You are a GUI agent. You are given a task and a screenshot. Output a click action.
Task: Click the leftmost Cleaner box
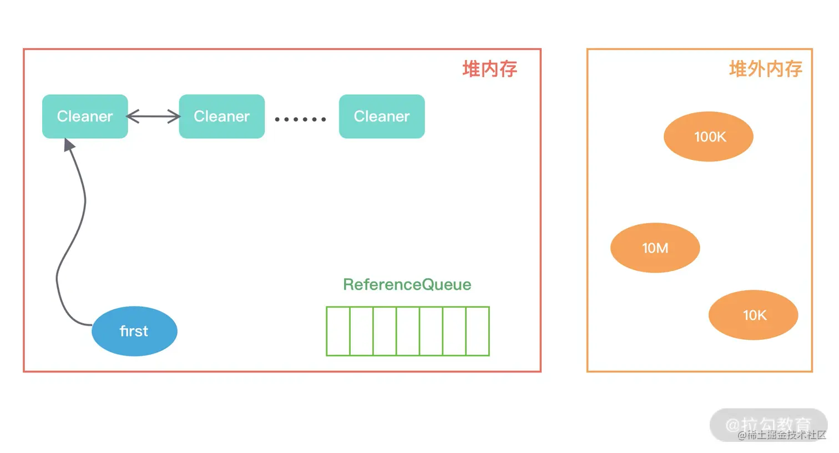click(85, 117)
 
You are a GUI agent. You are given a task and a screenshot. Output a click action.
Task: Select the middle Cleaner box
click(221, 117)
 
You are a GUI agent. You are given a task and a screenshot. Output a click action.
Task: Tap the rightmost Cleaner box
click(382, 117)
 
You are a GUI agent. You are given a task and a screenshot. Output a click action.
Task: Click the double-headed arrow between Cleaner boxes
click(154, 117)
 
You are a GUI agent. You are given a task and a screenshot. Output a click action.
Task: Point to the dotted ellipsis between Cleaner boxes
click(300, 119)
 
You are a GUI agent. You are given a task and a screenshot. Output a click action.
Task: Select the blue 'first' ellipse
click(134, 331)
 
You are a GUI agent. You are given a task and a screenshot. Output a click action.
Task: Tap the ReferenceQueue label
click(407, 285)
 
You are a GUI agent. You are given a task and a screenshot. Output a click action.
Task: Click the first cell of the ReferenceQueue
click(338, 331)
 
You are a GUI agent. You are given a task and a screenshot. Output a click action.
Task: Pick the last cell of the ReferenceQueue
click(478, 331)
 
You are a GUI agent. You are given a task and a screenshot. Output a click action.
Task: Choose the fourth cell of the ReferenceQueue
click(408, 331)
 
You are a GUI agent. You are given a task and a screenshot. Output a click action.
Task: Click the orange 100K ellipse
click(709, 137)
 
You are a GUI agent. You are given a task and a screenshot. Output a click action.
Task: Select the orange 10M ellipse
click(655, 248)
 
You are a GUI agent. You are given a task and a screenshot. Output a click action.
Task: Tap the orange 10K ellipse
click(754, 315)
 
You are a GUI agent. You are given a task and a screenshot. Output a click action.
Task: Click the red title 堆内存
click(489, 69)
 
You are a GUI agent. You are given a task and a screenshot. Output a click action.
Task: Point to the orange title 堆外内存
click(765, 69)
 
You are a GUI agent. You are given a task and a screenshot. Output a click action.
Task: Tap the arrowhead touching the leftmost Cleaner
click(69, 145)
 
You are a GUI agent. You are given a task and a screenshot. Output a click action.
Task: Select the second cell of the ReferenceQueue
click(361, 331)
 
